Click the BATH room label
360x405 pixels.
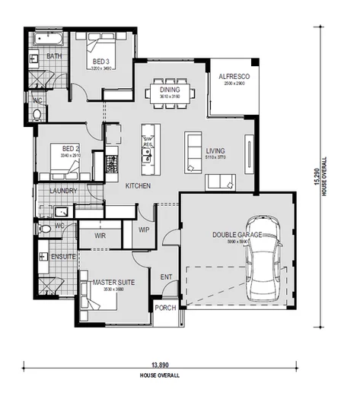[53, 56]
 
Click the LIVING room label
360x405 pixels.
[216, 150]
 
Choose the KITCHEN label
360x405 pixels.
[138, 186]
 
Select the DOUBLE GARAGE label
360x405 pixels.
[237, 235]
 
